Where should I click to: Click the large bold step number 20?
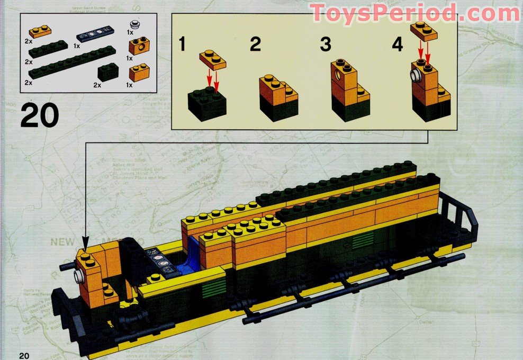tap(39, 116)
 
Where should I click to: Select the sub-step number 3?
tap(325, 44)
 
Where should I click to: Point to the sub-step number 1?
tap(182, 44)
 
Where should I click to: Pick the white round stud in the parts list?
tap(135, 24)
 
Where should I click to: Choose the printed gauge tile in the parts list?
tap(97, 37)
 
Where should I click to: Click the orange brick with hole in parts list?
tap(139, 46)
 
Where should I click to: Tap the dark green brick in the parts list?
tap(108, 72)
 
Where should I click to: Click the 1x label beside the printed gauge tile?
tap(77, 47)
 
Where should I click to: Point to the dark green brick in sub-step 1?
tap(208, 102)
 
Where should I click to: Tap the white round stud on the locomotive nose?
tap(79, 276)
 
